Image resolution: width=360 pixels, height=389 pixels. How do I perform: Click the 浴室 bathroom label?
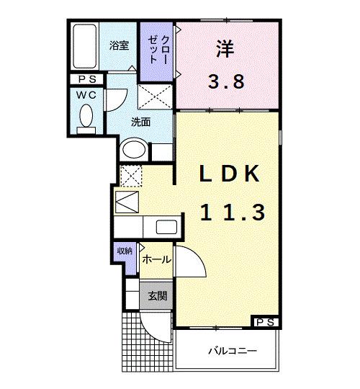click(120, 45)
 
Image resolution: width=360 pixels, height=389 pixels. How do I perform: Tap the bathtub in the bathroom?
click(86, 48)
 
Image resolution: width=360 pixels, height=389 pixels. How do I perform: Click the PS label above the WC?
click(87, 80)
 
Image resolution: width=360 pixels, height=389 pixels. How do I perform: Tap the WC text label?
click(87, 95)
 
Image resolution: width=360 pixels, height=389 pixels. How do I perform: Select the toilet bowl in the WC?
click(87, 115)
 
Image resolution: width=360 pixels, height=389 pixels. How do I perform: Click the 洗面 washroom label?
click(140, 122)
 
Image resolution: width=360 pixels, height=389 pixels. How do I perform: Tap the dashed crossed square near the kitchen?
click(131, 175)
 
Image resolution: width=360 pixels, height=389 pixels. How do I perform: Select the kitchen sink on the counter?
click(165, 228)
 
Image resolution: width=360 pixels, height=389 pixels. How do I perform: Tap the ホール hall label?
click(156, 259)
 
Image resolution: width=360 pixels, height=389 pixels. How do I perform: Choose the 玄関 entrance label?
click(157, 295)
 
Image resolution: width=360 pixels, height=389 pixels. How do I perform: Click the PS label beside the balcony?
click(265, 322)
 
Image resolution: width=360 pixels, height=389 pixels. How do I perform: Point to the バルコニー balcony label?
click(233, 352)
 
